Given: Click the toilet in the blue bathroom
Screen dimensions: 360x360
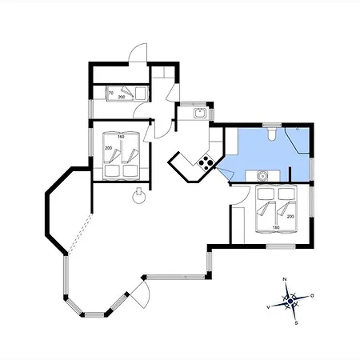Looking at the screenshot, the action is [272, 134].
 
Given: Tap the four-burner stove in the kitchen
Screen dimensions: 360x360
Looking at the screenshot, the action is [206, 162].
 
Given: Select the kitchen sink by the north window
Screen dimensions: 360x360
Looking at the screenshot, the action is [199, 113].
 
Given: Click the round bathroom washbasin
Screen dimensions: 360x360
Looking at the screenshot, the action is [262, 176].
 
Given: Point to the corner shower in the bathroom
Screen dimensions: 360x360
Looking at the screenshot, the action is [298, 140].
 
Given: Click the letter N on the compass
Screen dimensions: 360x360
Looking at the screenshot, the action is [285, 279].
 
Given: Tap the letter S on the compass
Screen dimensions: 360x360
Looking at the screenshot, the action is [296, 323].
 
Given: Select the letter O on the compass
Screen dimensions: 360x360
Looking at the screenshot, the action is [312, 296].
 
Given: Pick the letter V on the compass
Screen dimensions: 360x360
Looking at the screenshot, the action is [269, 307].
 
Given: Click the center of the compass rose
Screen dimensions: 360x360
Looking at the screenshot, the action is [290, 302].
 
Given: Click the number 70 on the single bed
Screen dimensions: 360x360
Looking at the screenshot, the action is [111, 93].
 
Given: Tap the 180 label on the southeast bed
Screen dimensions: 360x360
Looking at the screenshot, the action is [276, 227].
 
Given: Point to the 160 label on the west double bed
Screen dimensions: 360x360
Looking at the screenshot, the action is [121, 137].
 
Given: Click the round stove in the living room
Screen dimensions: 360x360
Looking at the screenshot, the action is [139, 197].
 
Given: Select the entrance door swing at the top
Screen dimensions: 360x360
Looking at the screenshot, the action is [138, 53].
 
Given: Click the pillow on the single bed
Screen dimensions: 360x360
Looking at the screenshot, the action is [140, 93].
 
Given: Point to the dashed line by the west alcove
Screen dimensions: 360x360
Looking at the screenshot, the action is [80, 234].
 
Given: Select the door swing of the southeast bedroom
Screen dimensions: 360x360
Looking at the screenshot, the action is [241, 195].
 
